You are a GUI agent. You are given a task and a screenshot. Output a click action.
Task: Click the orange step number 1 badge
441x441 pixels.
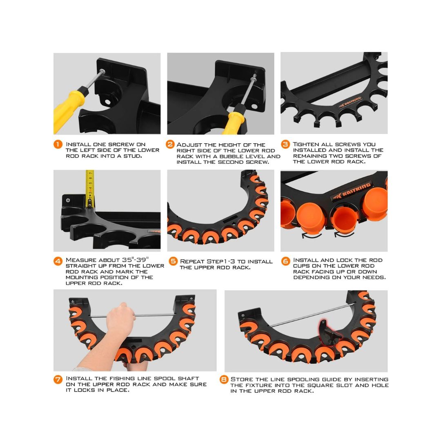pos(58,145)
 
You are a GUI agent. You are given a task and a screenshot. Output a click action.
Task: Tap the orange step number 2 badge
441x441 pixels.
pos(170,145)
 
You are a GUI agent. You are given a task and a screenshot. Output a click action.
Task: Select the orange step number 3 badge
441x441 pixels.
pos(286,145)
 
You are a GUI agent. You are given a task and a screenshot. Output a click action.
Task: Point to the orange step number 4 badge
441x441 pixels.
pos(58,261)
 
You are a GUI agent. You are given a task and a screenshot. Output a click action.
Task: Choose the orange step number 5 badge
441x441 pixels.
pos(173,261)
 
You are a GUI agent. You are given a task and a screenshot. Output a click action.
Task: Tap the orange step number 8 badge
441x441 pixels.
pos(224,380)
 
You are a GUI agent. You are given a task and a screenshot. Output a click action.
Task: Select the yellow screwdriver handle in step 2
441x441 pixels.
pos(234,122)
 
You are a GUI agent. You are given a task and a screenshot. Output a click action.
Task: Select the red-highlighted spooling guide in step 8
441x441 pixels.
pos(325,330)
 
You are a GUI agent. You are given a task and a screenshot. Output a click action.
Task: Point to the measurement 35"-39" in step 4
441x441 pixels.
pos(137,260)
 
